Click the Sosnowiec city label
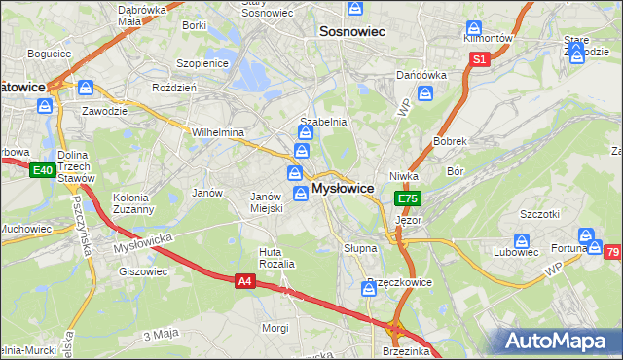[x=352, y=32]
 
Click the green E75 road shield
[x=407, y=198]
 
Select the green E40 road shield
[x=41, y=171]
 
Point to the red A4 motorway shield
[x=246, y=281]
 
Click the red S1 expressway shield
[x=479, y=60]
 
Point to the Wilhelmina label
[x=217, y=132]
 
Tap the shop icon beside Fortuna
[x=586, y=236]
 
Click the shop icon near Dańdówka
[x=425, y=93]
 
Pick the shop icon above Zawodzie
[x=87, y=88]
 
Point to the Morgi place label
[x=275, y=328]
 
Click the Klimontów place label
[x=488, y=37]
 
